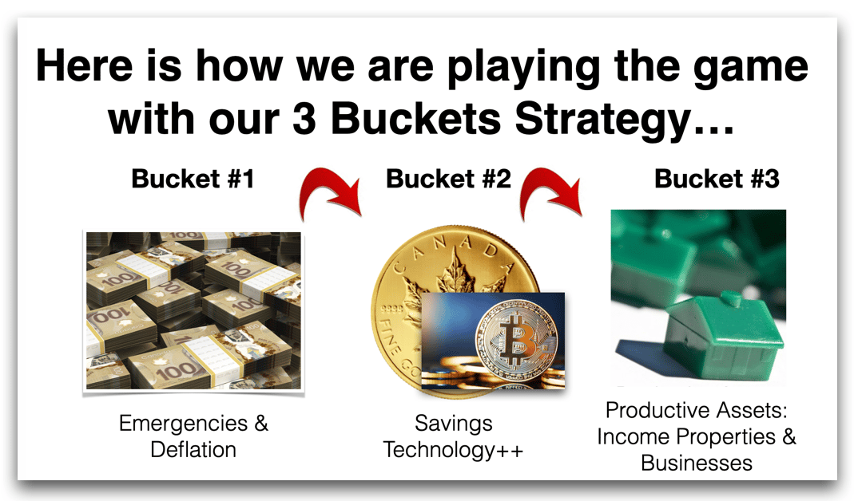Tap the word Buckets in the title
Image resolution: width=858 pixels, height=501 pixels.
pos(416,119)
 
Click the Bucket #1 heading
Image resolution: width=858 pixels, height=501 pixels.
pos(193,179)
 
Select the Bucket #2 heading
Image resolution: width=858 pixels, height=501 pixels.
pos(448,179)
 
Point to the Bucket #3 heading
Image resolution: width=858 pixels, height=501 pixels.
pos(717,179)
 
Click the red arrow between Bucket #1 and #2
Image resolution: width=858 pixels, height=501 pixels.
pos(328,188)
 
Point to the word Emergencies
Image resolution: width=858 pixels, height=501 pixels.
pos(183,424)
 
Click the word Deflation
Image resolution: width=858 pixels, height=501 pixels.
pos(193,450)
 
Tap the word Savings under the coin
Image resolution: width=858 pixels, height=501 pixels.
pos(454,424)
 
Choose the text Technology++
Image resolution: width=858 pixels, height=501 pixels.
pos(453,451)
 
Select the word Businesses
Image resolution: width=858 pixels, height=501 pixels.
pos(697,464)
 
